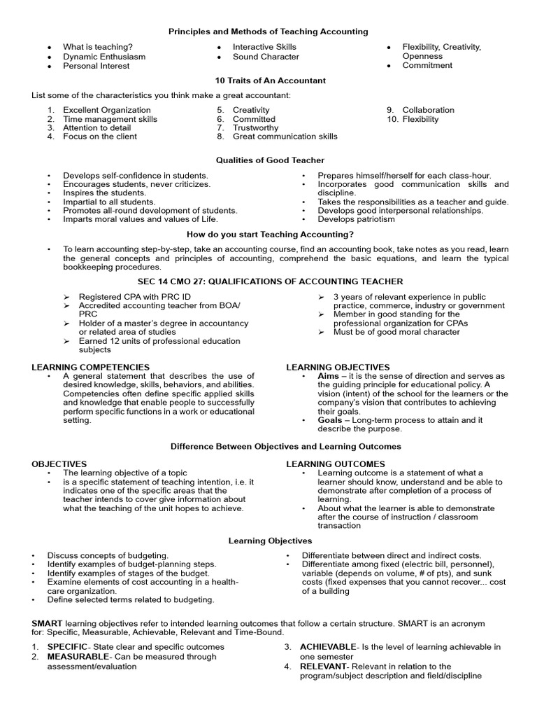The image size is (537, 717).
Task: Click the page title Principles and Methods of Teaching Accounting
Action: [268, 32]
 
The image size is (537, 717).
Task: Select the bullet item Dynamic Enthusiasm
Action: [104, 57]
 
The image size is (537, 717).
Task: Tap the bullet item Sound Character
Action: [266, 57]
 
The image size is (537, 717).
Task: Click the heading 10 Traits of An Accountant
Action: [271, 81]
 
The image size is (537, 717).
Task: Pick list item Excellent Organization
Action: [106, 110]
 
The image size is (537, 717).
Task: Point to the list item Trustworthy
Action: [255, 128]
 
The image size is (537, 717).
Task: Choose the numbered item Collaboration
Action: [428, 110]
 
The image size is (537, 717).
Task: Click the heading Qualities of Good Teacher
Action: [270, 160]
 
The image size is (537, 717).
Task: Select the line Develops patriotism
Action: [356, 219]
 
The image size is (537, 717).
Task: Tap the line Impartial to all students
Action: [109, 202]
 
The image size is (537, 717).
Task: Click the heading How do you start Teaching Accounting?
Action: [270, 235]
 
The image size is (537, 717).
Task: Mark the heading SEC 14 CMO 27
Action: [270, 281]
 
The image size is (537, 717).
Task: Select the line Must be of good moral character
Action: [396, 332]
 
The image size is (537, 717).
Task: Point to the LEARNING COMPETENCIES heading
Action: [91, 367]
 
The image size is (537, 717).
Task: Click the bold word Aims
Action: [329, 376]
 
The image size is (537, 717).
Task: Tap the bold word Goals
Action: [330, 420]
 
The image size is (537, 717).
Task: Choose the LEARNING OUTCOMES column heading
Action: [336, 464]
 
